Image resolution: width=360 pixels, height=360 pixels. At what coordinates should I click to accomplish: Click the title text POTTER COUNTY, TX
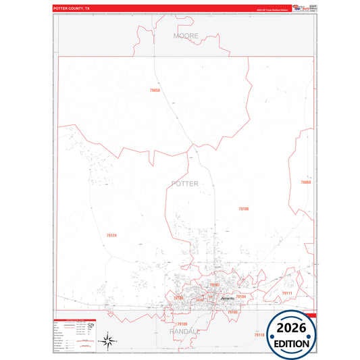tap(72, 9)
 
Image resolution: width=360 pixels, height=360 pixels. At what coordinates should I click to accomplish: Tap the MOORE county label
tap(186, 35)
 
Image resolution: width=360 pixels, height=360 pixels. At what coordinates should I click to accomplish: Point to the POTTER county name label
tap(185, 184)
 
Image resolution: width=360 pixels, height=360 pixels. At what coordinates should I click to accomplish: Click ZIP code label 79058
tap(155, 90)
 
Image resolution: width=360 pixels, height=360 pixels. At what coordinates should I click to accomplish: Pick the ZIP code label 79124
tap(111, 235)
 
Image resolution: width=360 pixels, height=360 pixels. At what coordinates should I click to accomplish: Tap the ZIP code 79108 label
tap(243, 209)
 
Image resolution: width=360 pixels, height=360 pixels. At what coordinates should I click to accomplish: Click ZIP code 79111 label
tap(286, 293)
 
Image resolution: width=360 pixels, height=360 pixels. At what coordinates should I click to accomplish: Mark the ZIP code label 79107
tap(214, 285)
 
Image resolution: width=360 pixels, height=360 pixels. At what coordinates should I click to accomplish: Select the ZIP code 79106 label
tap(178, 297)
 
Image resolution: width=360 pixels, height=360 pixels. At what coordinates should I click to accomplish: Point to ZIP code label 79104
tap(240, 297)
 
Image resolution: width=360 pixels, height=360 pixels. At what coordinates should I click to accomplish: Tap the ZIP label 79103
tap(232, 312)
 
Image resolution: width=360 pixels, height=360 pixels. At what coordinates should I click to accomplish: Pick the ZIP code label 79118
tap(259, 334)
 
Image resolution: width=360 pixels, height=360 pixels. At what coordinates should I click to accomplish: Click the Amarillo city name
tap(228, 298)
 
